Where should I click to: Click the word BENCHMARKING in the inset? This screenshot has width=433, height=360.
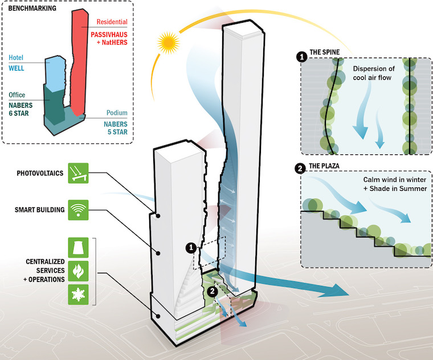31,10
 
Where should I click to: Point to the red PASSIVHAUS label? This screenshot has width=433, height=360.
111,35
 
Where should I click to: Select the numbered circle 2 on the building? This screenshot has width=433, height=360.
212,291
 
